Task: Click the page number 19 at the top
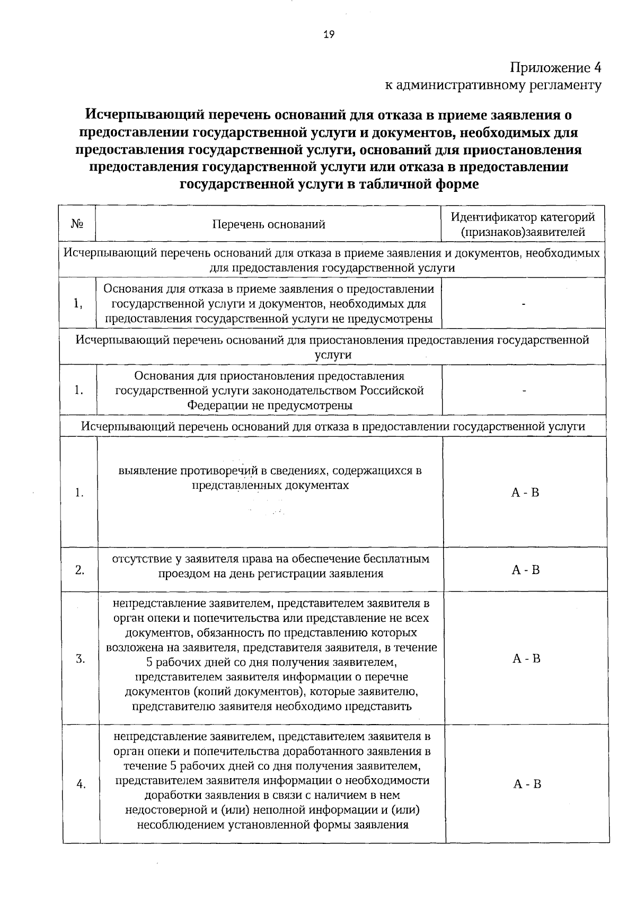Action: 329,35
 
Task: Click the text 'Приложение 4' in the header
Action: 556,68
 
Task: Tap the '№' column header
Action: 77,224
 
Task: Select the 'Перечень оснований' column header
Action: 269,224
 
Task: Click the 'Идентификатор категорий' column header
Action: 523,217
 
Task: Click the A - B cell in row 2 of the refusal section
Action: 525,570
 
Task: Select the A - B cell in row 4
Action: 527,784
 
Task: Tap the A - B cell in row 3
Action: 526,658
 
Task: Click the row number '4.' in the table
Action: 81,785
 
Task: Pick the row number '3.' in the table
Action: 80,659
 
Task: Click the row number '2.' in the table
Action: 79,570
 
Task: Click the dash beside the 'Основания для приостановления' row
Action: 524,391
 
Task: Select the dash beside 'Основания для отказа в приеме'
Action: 524,304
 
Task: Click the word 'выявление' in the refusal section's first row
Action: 147,471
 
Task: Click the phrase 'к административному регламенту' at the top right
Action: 493,85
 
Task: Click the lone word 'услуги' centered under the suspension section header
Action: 333,355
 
